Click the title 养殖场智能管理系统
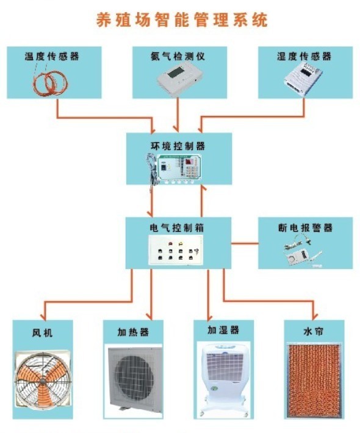182,20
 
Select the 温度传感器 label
52,56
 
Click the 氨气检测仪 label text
178,56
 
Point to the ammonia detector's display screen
176,73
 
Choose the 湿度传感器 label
304,56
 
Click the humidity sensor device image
303,78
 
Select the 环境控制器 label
178,146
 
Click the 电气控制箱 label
177,228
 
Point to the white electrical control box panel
176,250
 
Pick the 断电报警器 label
305,228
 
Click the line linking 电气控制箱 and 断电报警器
245,243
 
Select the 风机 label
42,333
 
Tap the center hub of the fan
42,381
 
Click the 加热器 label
133,332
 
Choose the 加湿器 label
223,330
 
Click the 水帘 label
314,331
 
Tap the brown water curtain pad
315,381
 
